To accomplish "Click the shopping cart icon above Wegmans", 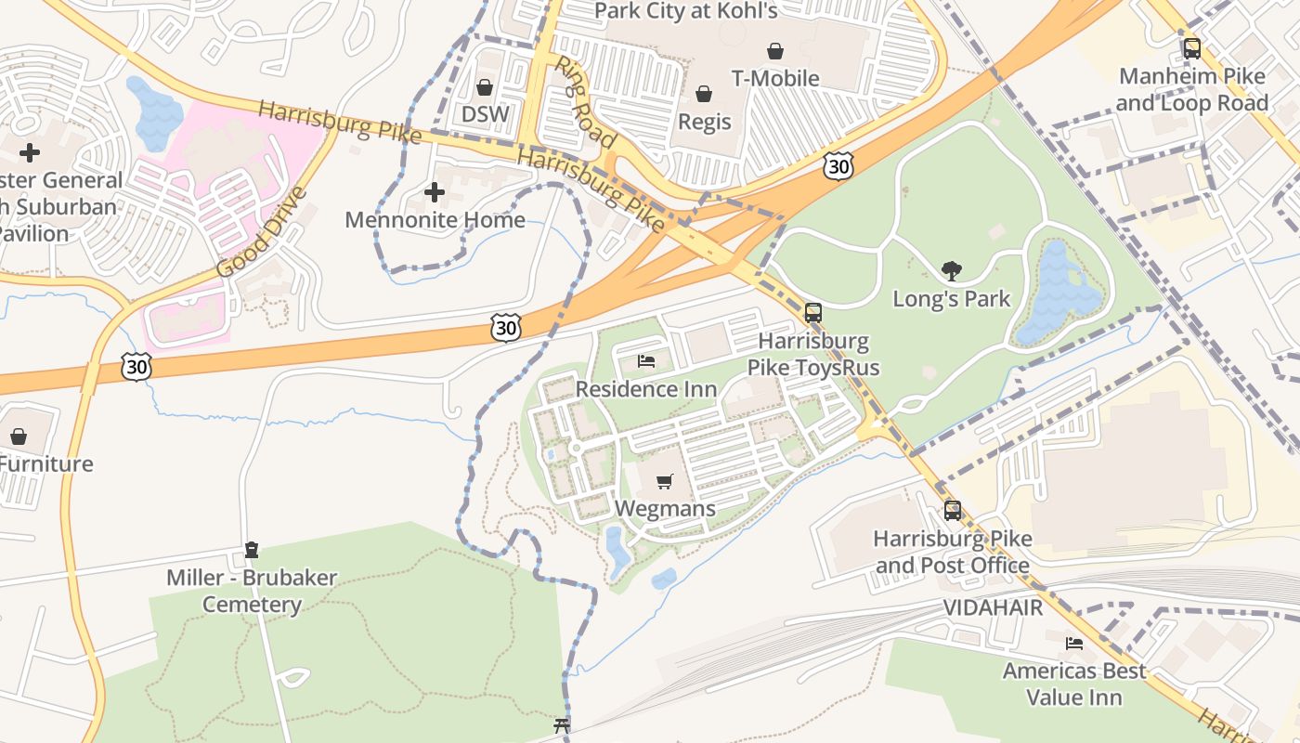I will tap(664, 481).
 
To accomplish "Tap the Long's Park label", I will tap(951, 299).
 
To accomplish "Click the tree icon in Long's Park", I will tap(951, 270).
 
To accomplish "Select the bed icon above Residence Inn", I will tap(646, 360).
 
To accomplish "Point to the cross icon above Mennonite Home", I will tap(434, 192).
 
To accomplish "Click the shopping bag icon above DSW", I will tap(484, 87).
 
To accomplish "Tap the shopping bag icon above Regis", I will tap(704, 94).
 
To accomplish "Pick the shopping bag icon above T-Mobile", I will tap(774, 51).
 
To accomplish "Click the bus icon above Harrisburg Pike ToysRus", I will tap(812, 313).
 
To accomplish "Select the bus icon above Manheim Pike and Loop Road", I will tap(1191, 48).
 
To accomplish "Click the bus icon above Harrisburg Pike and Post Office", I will tap(952, 510).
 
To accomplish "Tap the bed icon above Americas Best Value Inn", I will tap(1074, 643).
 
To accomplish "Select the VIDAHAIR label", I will tap(993, 607).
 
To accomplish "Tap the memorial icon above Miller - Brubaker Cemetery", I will tap(251, 550).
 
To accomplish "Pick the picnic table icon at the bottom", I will tap(561, 725).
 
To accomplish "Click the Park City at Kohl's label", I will tap(685, 11).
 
